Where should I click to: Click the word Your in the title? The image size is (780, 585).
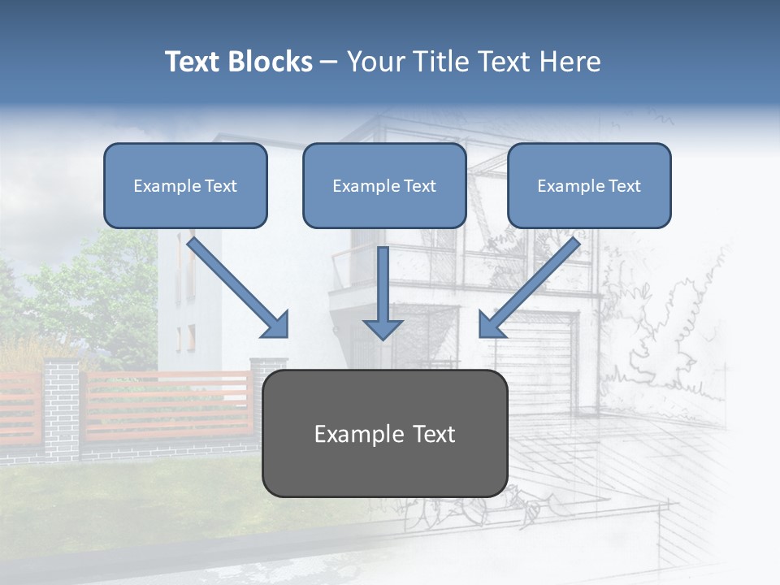(x=376, y=62)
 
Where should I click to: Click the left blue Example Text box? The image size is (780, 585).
(x=185, y=185)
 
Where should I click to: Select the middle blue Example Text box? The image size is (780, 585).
(x=384, y=185)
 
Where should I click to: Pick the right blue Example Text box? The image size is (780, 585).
(x=589, y=185)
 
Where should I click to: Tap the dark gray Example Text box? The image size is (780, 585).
(x=384, y=433)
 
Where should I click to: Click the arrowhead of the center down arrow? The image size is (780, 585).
(x=383, y=328)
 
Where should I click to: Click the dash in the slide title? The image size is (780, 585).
(x=329, y=63)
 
